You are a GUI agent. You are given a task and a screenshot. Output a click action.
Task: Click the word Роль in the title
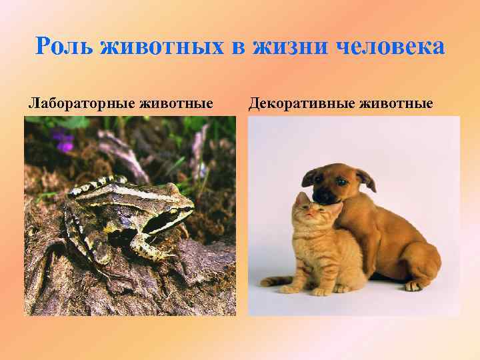[64, 48]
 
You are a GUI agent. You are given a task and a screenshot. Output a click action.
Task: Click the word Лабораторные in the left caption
[80, 103]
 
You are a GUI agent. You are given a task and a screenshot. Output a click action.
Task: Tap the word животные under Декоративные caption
[396, 103]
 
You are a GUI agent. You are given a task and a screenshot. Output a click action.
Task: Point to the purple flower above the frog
[64, 141]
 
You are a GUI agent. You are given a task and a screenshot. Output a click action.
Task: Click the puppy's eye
[339, 181]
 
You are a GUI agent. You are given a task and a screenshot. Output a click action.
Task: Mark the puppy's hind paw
[414, 285]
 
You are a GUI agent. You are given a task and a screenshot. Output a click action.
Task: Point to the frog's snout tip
[193, 212]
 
